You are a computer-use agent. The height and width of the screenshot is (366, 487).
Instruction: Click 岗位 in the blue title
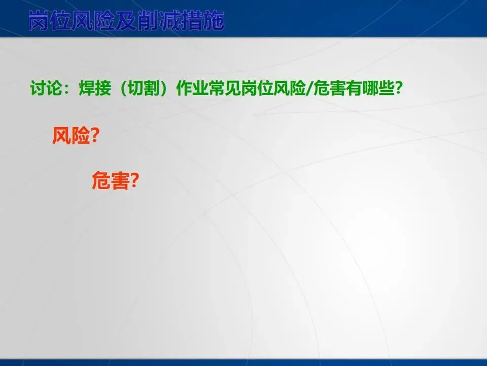coord(50,21)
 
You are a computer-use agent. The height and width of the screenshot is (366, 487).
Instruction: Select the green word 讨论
coord(46,88)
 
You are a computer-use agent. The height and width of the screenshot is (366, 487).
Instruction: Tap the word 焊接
coord(95,88)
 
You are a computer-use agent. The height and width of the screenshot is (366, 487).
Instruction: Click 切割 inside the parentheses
coord(144,88)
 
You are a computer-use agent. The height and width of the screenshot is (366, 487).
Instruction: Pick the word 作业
coord(192,88)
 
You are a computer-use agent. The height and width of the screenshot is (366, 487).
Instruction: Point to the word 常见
coord(225,88)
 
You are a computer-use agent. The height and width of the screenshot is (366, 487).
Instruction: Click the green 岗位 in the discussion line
coord(257,88)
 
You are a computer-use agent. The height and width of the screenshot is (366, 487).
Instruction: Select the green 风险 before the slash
coord(289,88)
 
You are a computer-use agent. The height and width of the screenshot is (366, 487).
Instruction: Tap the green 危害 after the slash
coord(329,88)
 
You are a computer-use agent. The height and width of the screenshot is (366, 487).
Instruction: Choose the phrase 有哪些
coord(369,88)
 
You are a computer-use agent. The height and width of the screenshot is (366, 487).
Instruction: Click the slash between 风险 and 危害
coord(309,89)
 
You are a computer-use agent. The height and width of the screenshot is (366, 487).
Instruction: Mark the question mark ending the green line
coord(398,88)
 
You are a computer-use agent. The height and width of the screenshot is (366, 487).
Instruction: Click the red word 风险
coord(71,136)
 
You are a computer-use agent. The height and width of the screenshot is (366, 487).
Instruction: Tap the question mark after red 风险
coord(95,136)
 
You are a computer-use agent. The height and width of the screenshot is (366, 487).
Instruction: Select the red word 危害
coord(110,181)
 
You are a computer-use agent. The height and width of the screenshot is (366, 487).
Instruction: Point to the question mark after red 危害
coord(134,181)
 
